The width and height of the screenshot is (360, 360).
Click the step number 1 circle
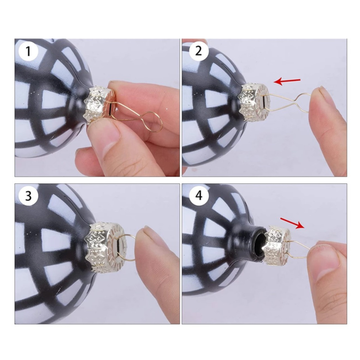coord(28,51)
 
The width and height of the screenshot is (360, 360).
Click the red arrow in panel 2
coord(287,81)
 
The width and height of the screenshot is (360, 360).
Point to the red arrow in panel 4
coord(292,223)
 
